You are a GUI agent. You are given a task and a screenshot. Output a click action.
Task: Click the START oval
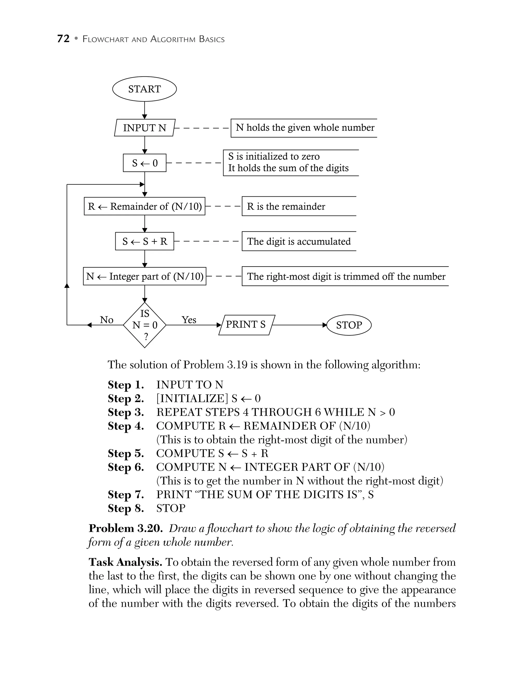[x=144, y=89]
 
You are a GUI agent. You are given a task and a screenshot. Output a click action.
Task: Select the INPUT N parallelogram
[x=144, y=128]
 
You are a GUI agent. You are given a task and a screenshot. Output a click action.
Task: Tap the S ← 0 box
[x=144, y=163]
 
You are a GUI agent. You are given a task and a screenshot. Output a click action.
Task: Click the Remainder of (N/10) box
[x=144, y=206]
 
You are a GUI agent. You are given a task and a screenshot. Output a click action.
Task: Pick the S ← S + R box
[x=144, y=241]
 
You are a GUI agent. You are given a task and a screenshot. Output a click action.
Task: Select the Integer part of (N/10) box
[x=144, y=276]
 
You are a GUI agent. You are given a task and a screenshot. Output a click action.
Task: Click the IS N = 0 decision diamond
[x=144, y=325]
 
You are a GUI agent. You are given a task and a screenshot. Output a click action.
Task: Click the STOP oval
[x=349, y=325]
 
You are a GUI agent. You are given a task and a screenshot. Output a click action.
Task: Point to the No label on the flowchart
[x=107, y=320]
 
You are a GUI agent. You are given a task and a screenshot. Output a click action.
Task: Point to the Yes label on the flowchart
[x=189, y=320]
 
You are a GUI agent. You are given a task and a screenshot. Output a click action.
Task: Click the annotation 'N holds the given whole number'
[x=305, y=128]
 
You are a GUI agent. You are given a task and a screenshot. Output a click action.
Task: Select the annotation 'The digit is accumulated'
[x=299, y=242]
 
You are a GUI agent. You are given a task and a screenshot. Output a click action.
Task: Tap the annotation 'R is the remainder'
[x=286, y=206]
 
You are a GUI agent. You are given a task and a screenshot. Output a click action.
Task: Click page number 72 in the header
[x=63, y=39]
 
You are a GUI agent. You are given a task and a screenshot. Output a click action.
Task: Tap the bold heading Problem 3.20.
[x=125, y=529]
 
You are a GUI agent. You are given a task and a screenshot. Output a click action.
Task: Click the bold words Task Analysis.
[x=125, y=562]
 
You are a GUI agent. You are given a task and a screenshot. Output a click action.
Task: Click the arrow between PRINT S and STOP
[x=299, y=325]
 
